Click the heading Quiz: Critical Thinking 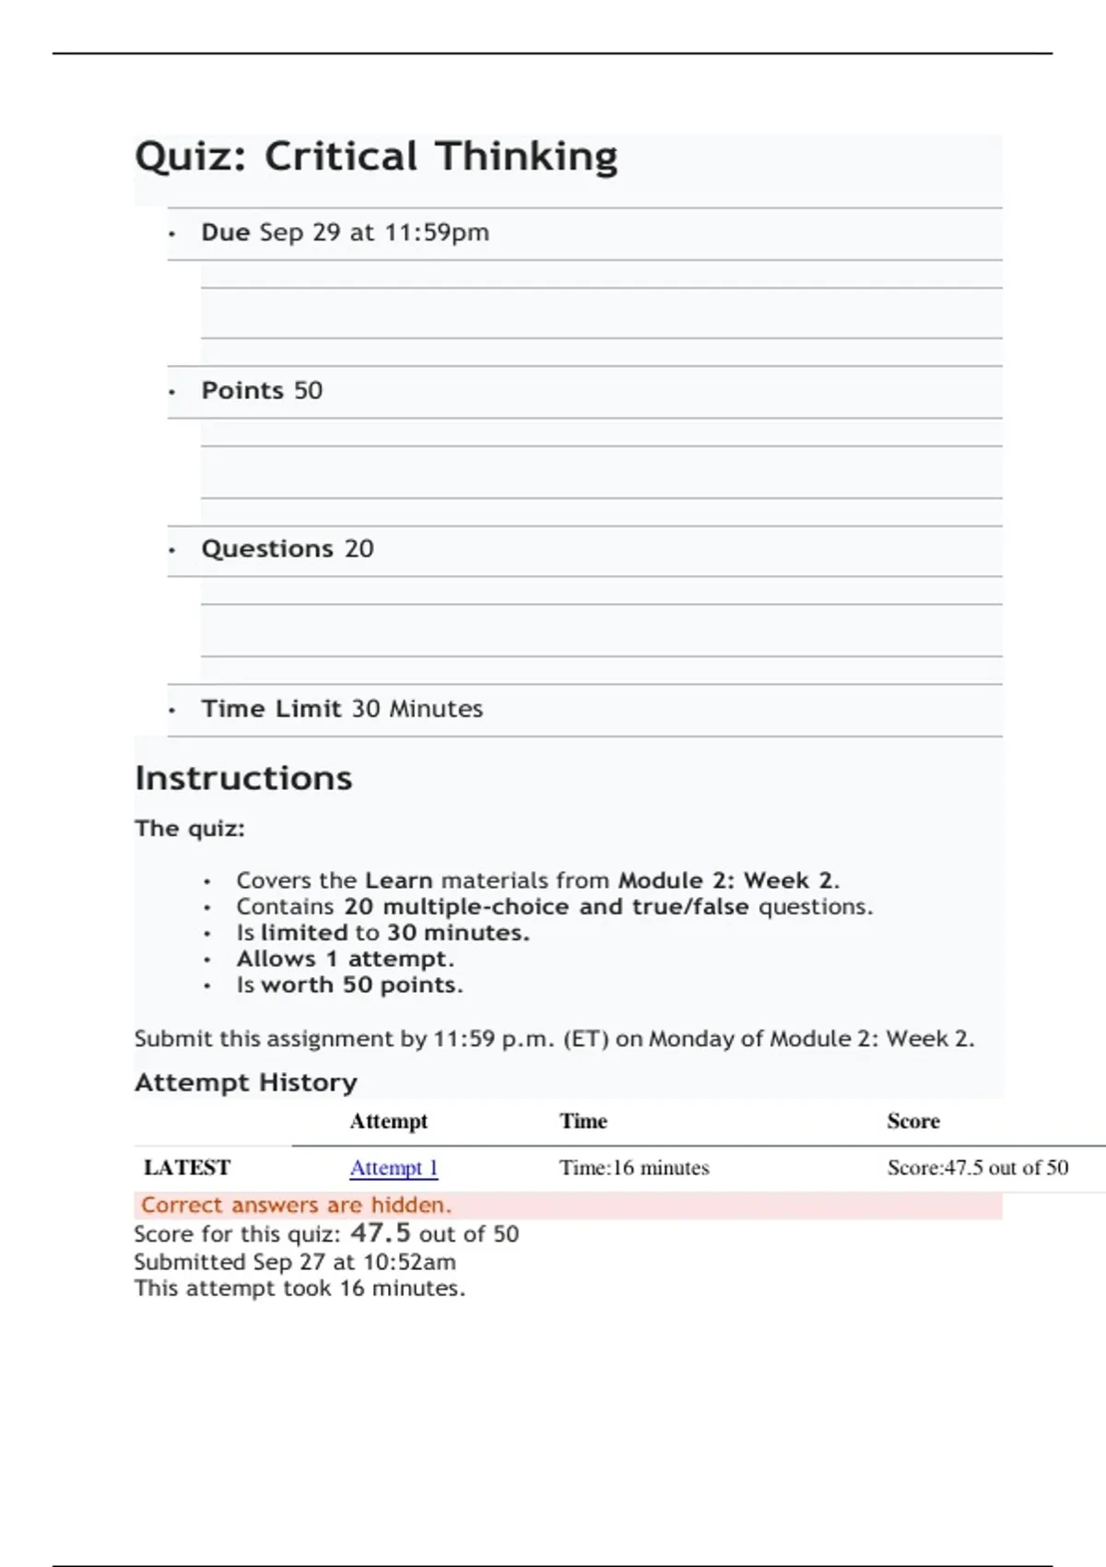click(376, 157)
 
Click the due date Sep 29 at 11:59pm click(374, 232)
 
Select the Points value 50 click(308, 391)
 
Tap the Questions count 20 click(359, 549)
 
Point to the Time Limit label click(271, 709)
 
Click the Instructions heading click(243, 779)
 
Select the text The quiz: click(190, 829)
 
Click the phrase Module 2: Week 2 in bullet click(727, 880)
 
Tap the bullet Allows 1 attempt click(345, 959)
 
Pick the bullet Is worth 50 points click(349, 985)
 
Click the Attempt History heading click(245, 1082)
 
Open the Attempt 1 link click(394, 1168)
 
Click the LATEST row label click(187, 1168)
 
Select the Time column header click(582, 1122)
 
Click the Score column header click(912, 1122)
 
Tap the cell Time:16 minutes click(634, 1168)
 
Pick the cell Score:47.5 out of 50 click(977, 1168)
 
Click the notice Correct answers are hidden click(296, 1206)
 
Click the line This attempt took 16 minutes click(300, 1289)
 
